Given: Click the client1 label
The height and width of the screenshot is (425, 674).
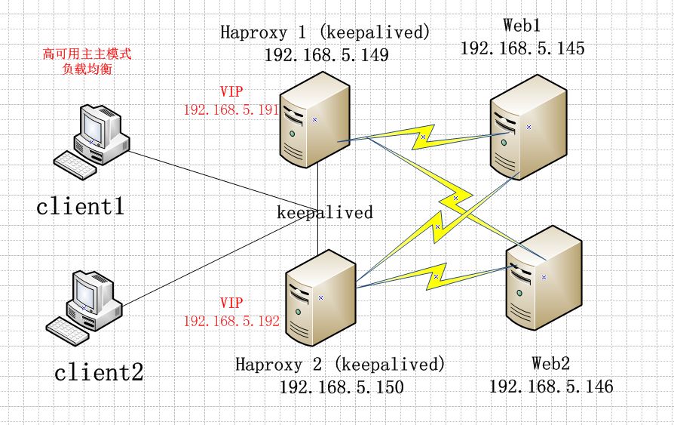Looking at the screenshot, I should click(81, 205).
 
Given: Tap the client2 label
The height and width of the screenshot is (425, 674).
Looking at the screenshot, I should click(99, 371).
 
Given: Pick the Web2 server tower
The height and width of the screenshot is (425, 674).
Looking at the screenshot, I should click(543, 279).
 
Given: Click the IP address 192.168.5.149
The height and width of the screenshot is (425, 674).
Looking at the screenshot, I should click(326, 54).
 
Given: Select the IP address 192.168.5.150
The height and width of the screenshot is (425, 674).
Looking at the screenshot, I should click(342, 387).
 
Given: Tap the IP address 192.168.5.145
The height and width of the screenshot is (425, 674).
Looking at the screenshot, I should click(522, 48).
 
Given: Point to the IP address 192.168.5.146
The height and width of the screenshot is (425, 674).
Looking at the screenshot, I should click(551, 387).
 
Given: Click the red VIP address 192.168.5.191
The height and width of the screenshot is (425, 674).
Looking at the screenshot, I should click(231, 109).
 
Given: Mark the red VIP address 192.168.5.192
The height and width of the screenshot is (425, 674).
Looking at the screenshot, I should click(231, 321).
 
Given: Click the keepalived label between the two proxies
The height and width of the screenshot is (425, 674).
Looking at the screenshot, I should click(325, 213).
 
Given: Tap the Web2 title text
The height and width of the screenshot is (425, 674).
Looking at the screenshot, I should click(550, 364).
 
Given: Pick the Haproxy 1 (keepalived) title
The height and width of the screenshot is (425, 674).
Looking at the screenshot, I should click(325, 32).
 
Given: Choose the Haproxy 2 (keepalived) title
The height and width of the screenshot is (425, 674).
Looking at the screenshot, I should click(340, 365).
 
